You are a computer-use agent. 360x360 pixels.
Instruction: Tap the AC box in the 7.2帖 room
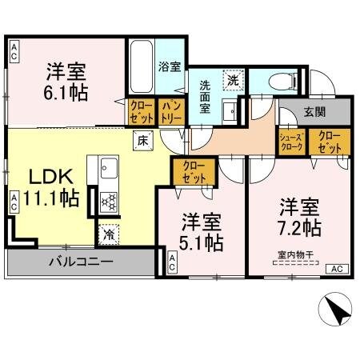(x=336, y=268)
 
